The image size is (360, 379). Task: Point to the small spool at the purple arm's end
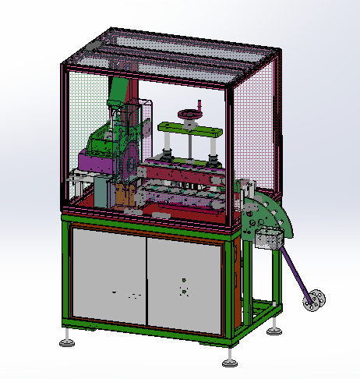coord(316,299)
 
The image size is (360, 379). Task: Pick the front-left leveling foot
coord(69,342)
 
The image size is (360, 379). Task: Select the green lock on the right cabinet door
coord(182,280)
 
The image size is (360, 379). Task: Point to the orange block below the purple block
coord(124,194)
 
